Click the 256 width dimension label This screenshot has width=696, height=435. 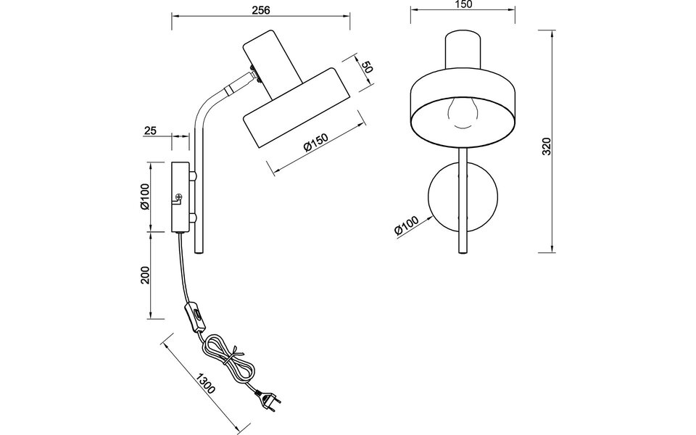(x=261, y=10)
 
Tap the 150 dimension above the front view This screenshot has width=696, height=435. (x=463, y=4)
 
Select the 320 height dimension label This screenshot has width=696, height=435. (x=547, y=146)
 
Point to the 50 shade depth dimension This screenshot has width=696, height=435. (x=368, y=67)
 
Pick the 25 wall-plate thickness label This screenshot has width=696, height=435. (x=151, y=130)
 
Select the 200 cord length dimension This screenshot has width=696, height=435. (x=144, y=276)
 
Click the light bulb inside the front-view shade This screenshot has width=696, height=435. (x=463, y=112)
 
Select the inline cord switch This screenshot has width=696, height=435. (x=195, y=317)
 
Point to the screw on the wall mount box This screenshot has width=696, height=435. (x=179, y=196)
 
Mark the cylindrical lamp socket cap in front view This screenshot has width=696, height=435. (x=463, y=50)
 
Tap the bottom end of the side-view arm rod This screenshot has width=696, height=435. (x=199, y=253)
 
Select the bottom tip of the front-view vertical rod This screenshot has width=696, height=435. (x=463, y=252)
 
